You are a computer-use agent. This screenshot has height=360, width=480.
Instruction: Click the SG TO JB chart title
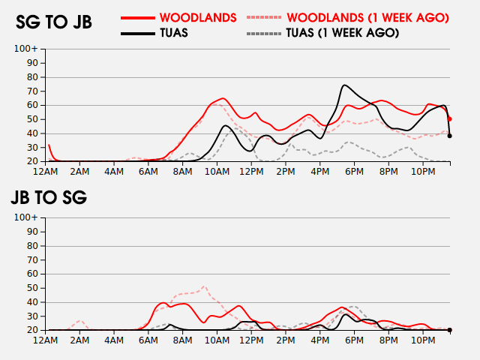(54, 22)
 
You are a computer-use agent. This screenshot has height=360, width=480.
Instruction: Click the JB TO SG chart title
(49, 198)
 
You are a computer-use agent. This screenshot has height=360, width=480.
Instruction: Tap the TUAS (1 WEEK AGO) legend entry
(342, 33)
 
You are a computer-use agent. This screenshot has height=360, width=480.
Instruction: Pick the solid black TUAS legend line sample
(143, 33)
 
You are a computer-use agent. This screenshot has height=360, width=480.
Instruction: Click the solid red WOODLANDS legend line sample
(143, 16)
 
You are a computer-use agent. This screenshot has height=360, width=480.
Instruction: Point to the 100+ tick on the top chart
(25, 49)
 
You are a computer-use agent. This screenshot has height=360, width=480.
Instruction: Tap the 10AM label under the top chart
(217, 172)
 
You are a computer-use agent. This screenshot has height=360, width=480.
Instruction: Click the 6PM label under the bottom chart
(354, 340)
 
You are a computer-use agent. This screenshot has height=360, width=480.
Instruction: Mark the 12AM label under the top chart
(46, 172)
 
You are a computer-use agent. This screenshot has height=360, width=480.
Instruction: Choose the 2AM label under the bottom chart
(80, 340)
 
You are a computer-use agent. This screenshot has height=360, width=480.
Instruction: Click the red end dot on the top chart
(449, 118)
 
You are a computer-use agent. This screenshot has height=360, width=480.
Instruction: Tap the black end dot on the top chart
(449, 136)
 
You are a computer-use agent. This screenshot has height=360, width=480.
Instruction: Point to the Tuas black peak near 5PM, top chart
(344, 85)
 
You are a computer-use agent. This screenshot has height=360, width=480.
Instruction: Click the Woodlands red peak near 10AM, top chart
(223, 98)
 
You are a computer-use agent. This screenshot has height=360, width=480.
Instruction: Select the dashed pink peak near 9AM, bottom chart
(203, 286)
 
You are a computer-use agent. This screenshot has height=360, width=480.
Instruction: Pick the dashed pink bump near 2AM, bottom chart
(80, 321)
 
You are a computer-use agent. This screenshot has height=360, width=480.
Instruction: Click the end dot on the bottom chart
(449, 330)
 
